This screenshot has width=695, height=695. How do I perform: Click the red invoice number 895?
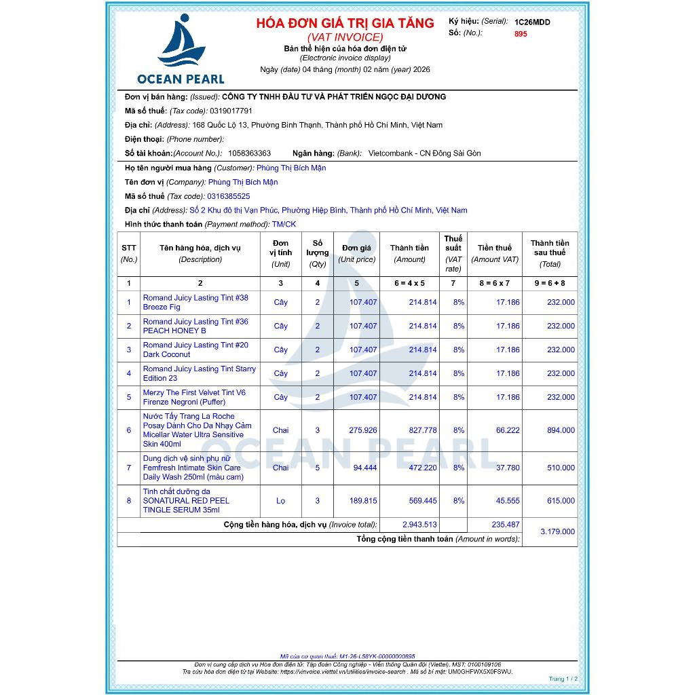point(521,34)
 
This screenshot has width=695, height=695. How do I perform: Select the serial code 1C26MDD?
point(532,22)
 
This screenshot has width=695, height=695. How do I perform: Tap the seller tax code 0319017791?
point(231,111)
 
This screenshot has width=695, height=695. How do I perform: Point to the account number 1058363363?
point(249,153)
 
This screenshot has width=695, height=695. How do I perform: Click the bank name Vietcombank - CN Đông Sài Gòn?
point(424,153)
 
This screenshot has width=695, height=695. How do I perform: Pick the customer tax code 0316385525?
point(228,196)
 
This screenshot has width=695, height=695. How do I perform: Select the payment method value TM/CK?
point(284,225)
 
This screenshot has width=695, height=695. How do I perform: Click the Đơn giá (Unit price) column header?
point(356,253)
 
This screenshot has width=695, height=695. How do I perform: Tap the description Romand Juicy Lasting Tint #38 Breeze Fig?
point(195,303)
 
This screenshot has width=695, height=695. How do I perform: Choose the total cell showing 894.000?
point(561,430)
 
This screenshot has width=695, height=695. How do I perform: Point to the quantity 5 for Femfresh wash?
point(317,468)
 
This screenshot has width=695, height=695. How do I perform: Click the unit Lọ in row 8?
point(280,501)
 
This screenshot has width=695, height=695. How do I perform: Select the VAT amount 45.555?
point(508,501)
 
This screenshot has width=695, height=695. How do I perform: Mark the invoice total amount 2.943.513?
point(419,525)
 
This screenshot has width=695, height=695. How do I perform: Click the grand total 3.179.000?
point(557,531)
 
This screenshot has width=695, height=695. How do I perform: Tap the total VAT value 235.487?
point(505,525)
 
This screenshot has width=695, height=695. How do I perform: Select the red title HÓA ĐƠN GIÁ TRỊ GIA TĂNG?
point(345,23)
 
